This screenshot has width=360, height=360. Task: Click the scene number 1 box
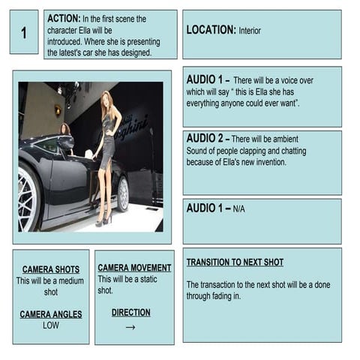(x=23, y=32)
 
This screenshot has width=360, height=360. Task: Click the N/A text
(x=239, y=208)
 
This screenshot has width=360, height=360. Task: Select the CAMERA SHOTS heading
(x=50, y=269)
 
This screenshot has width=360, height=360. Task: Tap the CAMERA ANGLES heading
(x=50, y=314)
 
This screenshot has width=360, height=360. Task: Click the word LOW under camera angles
(x=50, y=325)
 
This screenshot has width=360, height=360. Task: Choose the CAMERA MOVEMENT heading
(x=134, y=268)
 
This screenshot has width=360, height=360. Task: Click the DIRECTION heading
(x=130, y=313)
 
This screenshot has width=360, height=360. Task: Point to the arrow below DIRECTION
(x=130, y=327)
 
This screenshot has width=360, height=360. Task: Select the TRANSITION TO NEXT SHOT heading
(x=235, y=262)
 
